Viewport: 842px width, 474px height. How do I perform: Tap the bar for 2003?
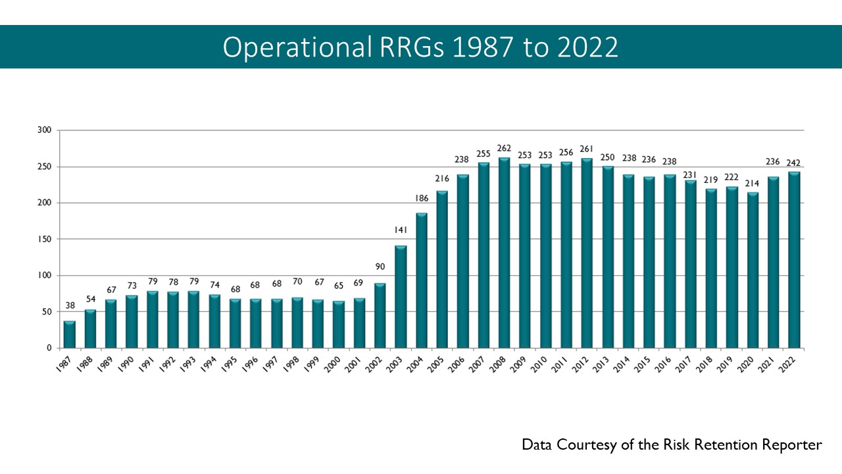tap(401, 297)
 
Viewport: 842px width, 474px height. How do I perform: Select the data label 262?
tap(504, 148)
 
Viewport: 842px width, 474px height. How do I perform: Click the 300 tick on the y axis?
tap(45, 130)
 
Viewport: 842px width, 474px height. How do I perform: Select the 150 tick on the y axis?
tap(45, 239)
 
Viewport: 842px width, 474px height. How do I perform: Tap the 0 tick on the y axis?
tap(49, 348)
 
